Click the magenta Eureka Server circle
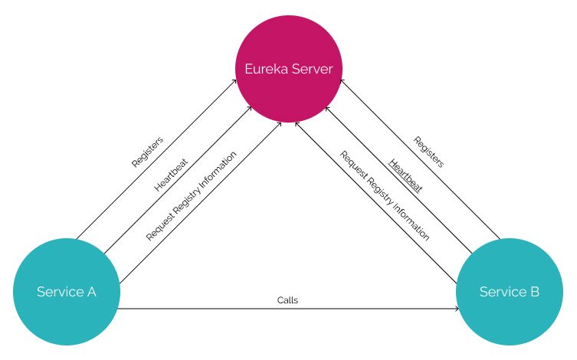(288, 69)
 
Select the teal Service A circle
(67, 292)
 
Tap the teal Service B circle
(509, 292)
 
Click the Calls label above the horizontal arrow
(287, 300)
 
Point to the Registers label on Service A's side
(147, 152)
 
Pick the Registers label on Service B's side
(428, 152)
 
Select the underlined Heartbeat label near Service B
(405, 175)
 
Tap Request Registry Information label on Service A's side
(191, 195)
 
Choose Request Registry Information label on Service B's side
(385, 195)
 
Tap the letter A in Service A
(91, 292)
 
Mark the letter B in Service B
(534, 292)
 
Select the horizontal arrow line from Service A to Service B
(230, 309)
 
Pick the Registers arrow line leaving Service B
(460, 199)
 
